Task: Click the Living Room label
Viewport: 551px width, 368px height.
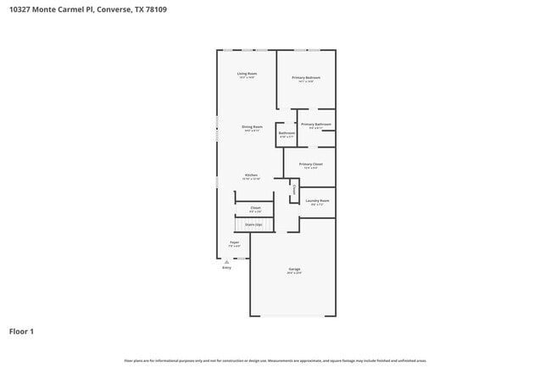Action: pos(247,74)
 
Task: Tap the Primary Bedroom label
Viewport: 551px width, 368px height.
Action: pos(306,78)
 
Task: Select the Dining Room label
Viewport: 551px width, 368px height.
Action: pos(253,127)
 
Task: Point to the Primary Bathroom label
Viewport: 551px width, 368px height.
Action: pos(315,125)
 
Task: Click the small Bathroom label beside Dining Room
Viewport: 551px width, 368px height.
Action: pos(287,132)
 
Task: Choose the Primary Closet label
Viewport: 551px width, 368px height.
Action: pos(311,164)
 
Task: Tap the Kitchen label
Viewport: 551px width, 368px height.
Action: pos(252,176)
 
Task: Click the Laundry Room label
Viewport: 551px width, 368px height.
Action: pos(317,201)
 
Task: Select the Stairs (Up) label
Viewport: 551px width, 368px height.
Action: pos(253,225)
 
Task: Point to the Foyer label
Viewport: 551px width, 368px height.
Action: pos(234,243)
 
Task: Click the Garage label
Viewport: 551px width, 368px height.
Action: pos(293,270)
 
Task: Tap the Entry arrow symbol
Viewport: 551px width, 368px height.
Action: pos(226,262)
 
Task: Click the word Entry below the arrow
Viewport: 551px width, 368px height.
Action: pos(226,268)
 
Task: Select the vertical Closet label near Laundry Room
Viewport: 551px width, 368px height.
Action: pos(294,190)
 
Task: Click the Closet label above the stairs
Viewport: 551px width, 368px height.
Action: pos(255,208)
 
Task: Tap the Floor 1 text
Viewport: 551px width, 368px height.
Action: pos(21,331)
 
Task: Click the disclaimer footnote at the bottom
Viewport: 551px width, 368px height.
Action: pos(275,360)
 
